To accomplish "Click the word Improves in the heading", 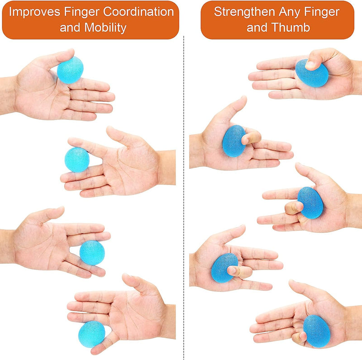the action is point(35,12).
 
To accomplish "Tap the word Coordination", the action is point(138,12).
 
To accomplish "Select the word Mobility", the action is point(105,28).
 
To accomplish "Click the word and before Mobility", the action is point(70,28).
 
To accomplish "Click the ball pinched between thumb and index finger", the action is point(70,70).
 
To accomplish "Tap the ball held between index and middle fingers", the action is point(77,160).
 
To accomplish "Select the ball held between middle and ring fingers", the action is point(92,253).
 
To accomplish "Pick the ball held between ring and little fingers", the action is point(92,334).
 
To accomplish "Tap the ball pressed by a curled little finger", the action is point(317,331).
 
